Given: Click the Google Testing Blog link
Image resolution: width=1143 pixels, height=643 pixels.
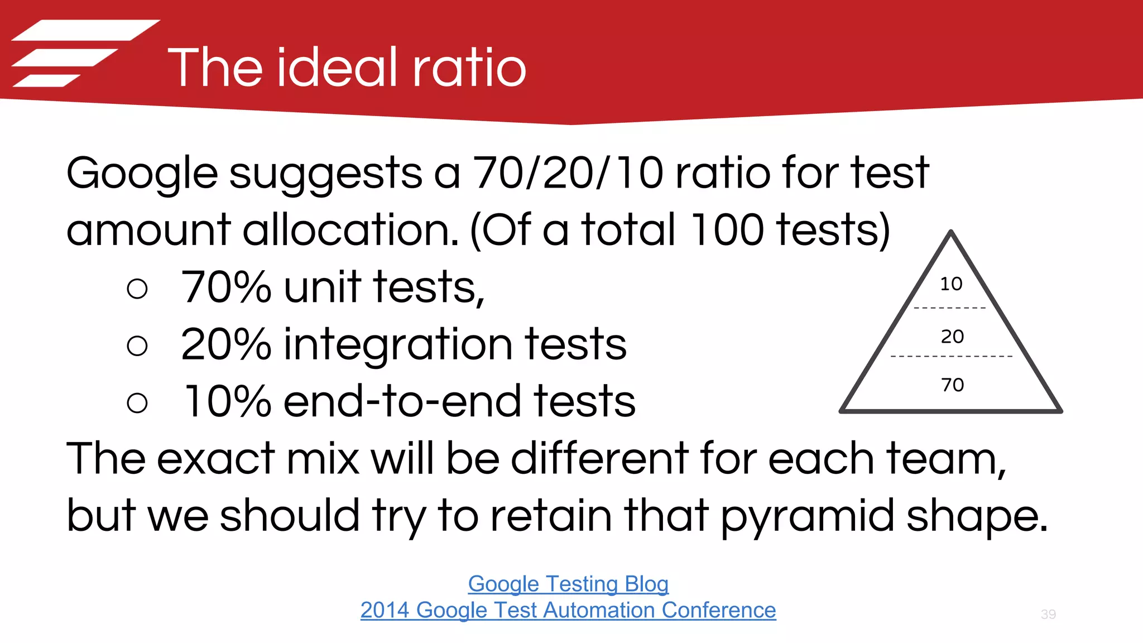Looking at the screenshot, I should [x=568, y=584].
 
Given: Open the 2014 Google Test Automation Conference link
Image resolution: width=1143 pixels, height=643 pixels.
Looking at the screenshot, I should [x=568, y=610].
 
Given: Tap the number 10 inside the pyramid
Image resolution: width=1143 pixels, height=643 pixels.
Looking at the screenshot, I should [x=951, y=284].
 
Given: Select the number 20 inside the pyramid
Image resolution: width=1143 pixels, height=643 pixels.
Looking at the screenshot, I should [x=952, y=337].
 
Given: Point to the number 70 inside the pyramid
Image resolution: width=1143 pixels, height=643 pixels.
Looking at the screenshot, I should [x=952, y=385].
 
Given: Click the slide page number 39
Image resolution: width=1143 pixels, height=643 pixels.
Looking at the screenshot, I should [x=1048, y=615].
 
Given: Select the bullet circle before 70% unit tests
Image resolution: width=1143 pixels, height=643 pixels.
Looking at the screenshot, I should [x=137, y=289].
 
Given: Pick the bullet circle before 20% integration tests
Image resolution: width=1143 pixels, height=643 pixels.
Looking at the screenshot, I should [x=137, y=346].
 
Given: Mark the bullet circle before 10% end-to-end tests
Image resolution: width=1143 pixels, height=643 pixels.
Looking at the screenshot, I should [x=137, y=402].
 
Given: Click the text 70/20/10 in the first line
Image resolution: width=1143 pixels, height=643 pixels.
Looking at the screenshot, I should [x=568, y=172].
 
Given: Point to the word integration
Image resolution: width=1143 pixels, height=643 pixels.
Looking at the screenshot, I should [x=398, y=344].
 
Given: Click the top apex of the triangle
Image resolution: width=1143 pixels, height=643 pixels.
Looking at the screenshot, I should [x=951, y=233].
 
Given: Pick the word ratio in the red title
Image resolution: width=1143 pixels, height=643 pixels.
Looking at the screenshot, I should [x=469, y=68].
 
